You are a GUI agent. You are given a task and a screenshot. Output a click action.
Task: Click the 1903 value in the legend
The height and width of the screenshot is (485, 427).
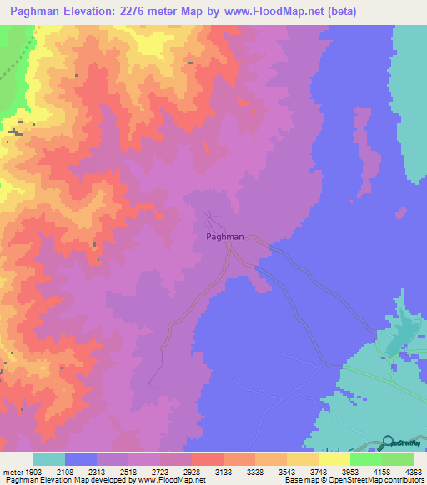[x=34, y=472]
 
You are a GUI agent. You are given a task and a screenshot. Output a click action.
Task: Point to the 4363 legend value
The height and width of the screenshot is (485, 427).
[x=414, y=472]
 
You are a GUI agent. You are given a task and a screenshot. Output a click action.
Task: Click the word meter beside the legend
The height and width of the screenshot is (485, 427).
[x=12, y=472]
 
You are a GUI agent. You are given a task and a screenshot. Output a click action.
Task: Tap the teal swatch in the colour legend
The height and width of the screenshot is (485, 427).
[x=48, y=459]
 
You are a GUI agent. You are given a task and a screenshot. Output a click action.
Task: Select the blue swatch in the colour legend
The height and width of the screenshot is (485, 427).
[x=81, y=459]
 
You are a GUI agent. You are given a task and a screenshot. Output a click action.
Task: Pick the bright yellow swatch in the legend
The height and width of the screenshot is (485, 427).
[x=334, y=459]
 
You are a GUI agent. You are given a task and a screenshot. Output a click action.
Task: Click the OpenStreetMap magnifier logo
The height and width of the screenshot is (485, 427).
[x=388, y=445]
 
